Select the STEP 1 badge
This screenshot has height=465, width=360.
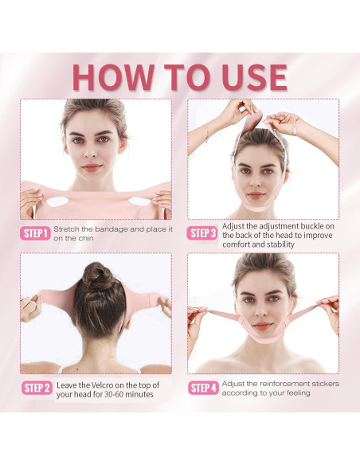click(x=36, y=233)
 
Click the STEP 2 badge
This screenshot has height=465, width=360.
click(x=36, y=388)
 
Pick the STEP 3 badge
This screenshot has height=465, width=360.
click(x=203, y=233)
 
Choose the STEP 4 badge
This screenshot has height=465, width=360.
click(x=203, y=388)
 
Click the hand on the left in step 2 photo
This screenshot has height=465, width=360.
click(x=31, y=307)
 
